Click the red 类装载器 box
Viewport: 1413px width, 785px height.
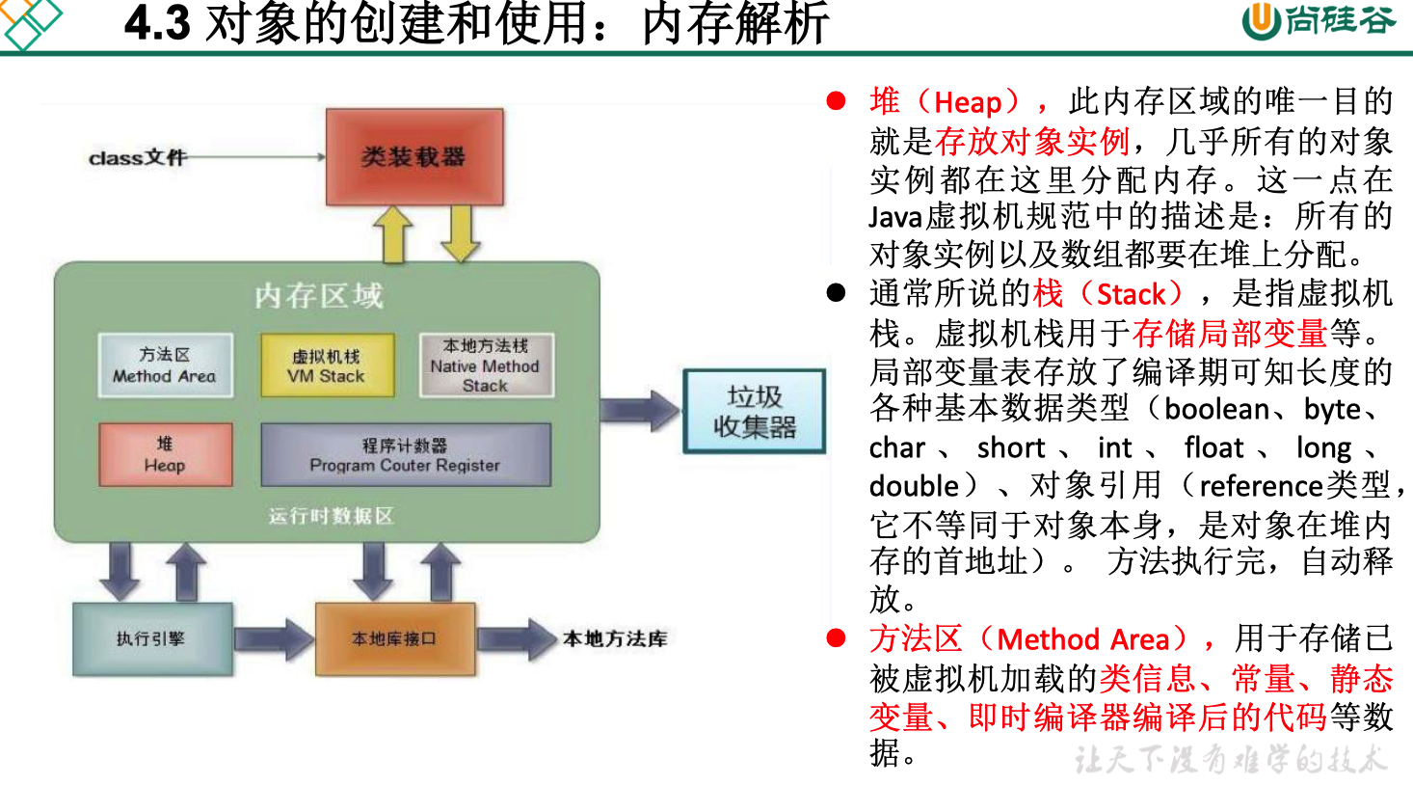click(x=414, y=156)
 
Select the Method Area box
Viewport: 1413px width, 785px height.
click(x=165, y=365)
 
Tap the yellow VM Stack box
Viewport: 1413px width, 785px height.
click(x=327, y=365)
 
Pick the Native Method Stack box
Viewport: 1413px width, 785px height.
click(x=486, y=365)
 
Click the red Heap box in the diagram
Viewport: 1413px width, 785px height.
click(x=165, y=454)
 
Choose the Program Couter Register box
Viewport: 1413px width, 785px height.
click(x=405, y=455)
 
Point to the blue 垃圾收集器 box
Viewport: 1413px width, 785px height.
click(x=754, y=412)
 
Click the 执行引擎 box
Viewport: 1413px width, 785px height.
click(x=151, y=638)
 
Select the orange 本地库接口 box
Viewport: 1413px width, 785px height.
click(x=394, y=638)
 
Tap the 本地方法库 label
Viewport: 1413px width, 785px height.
click(x=615, y=638)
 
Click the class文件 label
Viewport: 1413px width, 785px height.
click(x=137, y=157)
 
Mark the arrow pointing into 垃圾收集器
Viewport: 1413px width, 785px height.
click(x=640, y=410)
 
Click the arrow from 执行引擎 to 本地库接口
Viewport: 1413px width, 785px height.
click(x=274, y=639)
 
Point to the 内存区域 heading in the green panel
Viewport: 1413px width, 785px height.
click(x=319, y=295)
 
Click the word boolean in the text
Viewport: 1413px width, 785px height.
click(x=1216, y=409)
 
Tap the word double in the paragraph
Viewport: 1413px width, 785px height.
click(x=914, y=485)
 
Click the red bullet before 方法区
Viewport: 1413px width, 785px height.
click(x=836, y=638)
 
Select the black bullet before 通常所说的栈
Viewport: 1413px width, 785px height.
click(x=836, y=292)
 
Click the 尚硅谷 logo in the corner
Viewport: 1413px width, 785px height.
click(x=1318, y=20)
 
